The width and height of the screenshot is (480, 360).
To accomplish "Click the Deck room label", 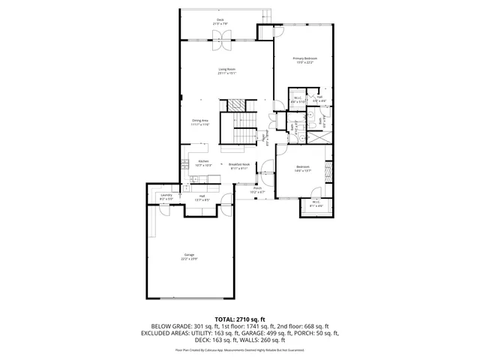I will pyautogui.click(x=220, y=19).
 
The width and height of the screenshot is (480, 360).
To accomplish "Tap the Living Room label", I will pyautogui.click(x=227, y=69).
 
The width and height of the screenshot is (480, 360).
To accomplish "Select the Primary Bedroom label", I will pyautogui.click(x=304, y=58).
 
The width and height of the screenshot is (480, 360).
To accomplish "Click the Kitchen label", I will pyautogui.click(x=203, y=161).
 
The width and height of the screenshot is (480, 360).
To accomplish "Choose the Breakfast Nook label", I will pyautogui.click(x=238, y=164).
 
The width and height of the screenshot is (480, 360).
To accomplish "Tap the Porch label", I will pyautogui.click(x=257, y=188).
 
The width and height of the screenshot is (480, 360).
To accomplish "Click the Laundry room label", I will pyautogui.click(x=166, y=196).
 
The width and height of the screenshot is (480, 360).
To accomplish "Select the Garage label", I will pyautogui.click(x=189, y=255).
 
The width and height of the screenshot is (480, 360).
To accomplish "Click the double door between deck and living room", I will pyautogui.click(x=223, y=44).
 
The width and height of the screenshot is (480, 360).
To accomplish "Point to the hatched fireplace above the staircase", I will pyautogui.click(x=238, y=105).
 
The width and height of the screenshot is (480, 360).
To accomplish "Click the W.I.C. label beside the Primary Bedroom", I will pyautogui.click(x=298, y=97).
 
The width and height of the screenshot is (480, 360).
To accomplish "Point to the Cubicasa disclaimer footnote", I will pyautogui.click(x=240, y=349).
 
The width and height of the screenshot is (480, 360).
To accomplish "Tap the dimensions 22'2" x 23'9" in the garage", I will pyautogui.click(x=189, y=259).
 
